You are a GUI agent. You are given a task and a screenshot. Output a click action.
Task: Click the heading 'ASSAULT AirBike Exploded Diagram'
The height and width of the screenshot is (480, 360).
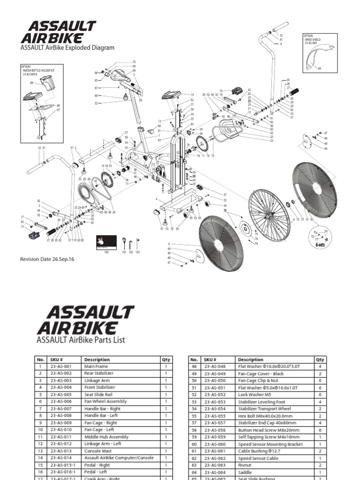[67, 47]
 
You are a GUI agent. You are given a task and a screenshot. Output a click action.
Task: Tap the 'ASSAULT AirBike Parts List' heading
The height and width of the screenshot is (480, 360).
[81, 340]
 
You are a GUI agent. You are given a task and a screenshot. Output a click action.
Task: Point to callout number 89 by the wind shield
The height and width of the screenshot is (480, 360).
[320, 69]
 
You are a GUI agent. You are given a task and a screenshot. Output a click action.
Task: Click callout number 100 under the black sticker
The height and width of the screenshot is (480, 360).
[106, 252]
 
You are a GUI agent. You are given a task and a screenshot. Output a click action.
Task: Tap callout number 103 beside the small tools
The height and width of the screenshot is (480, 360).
[138, 252]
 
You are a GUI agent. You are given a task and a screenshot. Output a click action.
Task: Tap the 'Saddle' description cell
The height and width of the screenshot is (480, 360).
[245, 472]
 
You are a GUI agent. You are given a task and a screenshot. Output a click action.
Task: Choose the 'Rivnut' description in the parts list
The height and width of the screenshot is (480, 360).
[246, 465]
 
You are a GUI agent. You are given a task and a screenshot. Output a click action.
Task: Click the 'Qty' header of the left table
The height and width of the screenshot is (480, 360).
[166, 360]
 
